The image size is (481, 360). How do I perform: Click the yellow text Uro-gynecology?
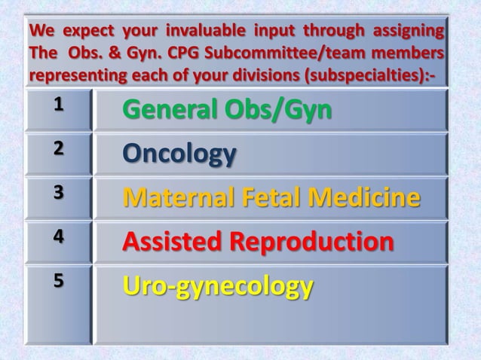coord(218,287)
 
